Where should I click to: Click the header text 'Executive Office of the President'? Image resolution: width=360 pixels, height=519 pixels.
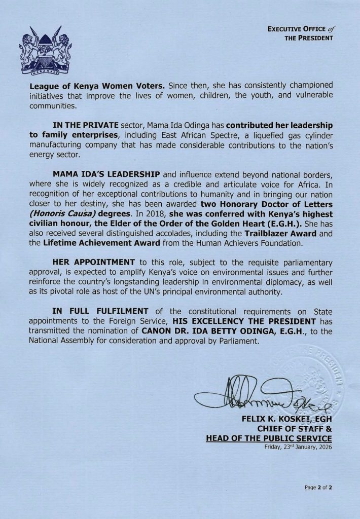tap(300, 33)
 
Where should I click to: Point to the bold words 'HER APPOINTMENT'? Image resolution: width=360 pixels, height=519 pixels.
tap(93, 263)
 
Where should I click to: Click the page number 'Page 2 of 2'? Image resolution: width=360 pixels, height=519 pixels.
tap(318, 488)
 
